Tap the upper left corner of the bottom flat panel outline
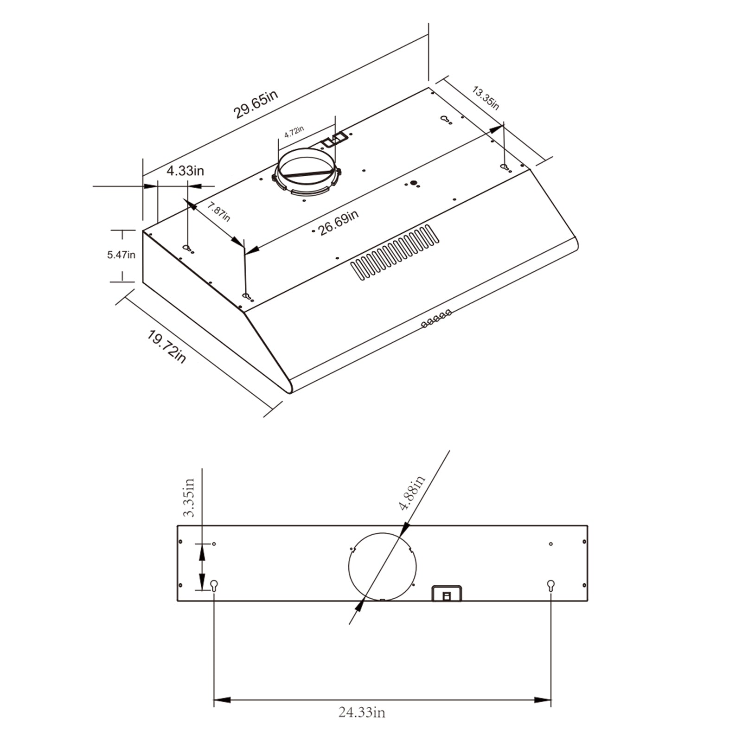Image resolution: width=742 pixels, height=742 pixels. [178, 525]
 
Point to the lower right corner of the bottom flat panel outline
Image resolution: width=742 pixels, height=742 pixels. [588, 601]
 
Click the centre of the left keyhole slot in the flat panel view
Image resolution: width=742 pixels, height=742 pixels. [214, 585]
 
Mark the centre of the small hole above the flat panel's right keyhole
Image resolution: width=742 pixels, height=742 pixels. [551, 544]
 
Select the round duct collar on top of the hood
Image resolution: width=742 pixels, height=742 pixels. [307, 173]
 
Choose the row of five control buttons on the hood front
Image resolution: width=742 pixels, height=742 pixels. [436, 319]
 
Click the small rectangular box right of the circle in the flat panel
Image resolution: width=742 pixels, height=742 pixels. [447, 593]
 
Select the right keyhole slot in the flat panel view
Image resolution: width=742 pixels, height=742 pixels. [551, 585]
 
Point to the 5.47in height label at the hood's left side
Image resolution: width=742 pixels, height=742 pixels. [122, 255]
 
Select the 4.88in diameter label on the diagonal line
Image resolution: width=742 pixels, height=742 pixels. [413, 493]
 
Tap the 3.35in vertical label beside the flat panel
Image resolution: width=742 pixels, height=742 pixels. [188, 498]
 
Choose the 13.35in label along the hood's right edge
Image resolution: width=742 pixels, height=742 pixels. [486, 98]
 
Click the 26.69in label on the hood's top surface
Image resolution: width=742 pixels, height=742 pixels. [338, 223]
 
